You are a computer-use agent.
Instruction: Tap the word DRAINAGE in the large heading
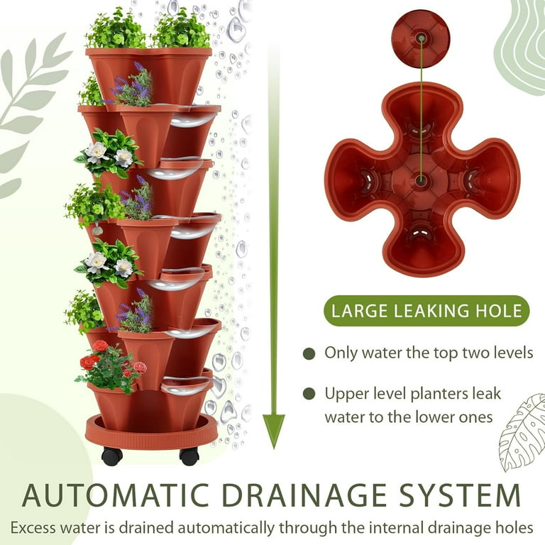304,495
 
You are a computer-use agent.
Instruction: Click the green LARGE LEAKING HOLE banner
426,311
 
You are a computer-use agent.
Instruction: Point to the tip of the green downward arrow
274,448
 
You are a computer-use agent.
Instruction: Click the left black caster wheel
112,456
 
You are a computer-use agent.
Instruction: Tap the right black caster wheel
189,457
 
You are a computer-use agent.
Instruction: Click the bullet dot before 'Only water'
309,354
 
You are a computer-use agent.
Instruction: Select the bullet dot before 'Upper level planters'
309,394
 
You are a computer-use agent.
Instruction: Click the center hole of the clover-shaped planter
421,180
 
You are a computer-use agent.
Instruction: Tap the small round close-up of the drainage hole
421,38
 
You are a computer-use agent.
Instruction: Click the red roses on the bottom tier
112,365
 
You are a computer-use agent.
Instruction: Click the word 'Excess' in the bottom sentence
33,527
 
